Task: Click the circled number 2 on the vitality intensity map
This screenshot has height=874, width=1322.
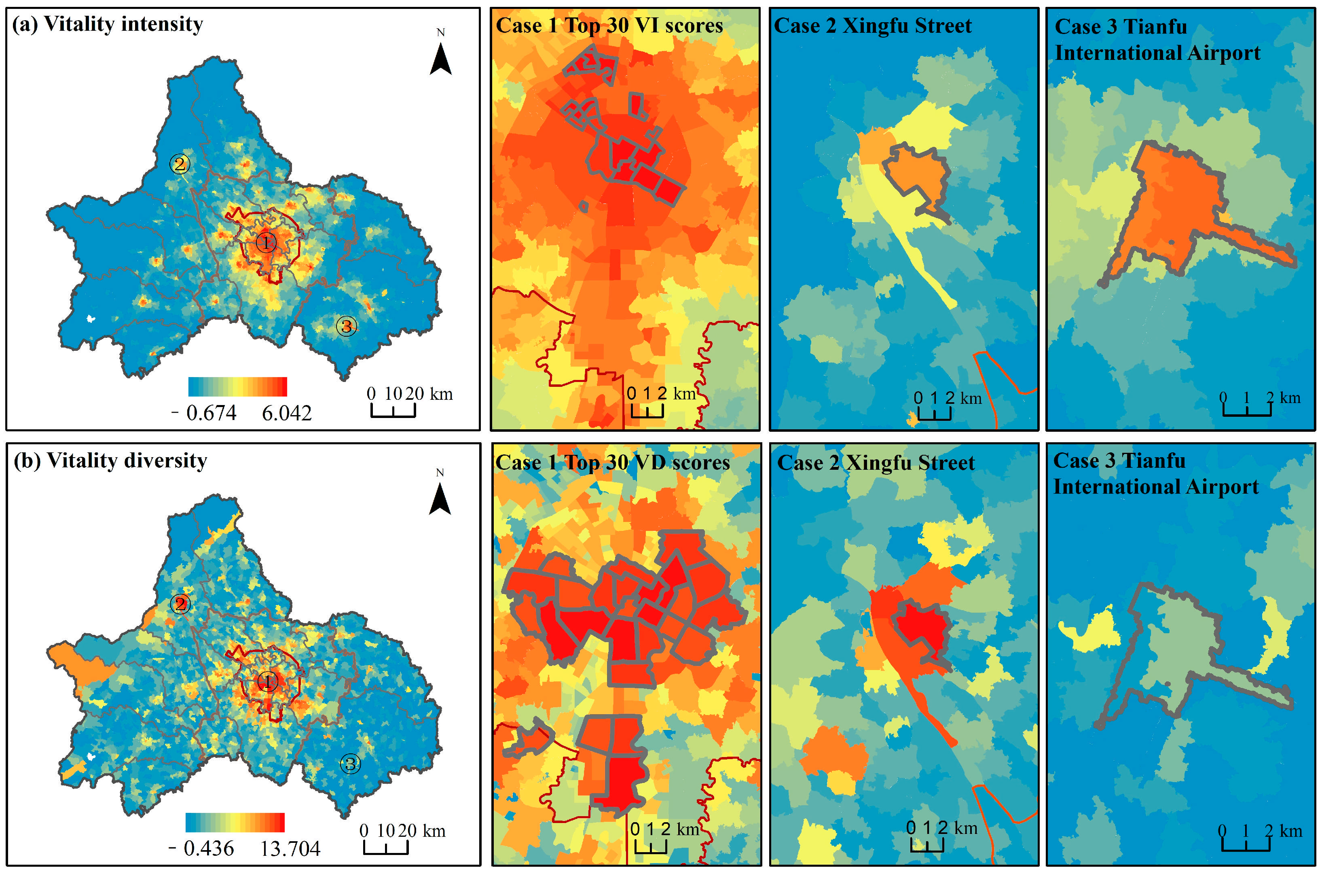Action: [180, 164]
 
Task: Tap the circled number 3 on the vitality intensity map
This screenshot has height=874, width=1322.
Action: [346, 326]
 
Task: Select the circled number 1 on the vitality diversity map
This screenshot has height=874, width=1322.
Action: [267, 681]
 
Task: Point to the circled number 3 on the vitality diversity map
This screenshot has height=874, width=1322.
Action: [350, 764]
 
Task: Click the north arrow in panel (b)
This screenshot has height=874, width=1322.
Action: [440, 498]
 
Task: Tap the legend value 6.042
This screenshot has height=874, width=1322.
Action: [286, 413]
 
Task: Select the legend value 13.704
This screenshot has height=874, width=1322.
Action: [290, 849]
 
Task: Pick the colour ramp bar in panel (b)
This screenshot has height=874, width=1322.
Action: [235, 822]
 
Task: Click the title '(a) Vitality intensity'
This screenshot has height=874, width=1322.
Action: [108, 24]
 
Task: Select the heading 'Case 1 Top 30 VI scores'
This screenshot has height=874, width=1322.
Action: [609, 25]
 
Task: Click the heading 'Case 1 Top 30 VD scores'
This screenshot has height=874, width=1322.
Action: [612, 462]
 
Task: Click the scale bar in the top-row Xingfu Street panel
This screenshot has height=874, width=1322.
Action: [934, 414]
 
